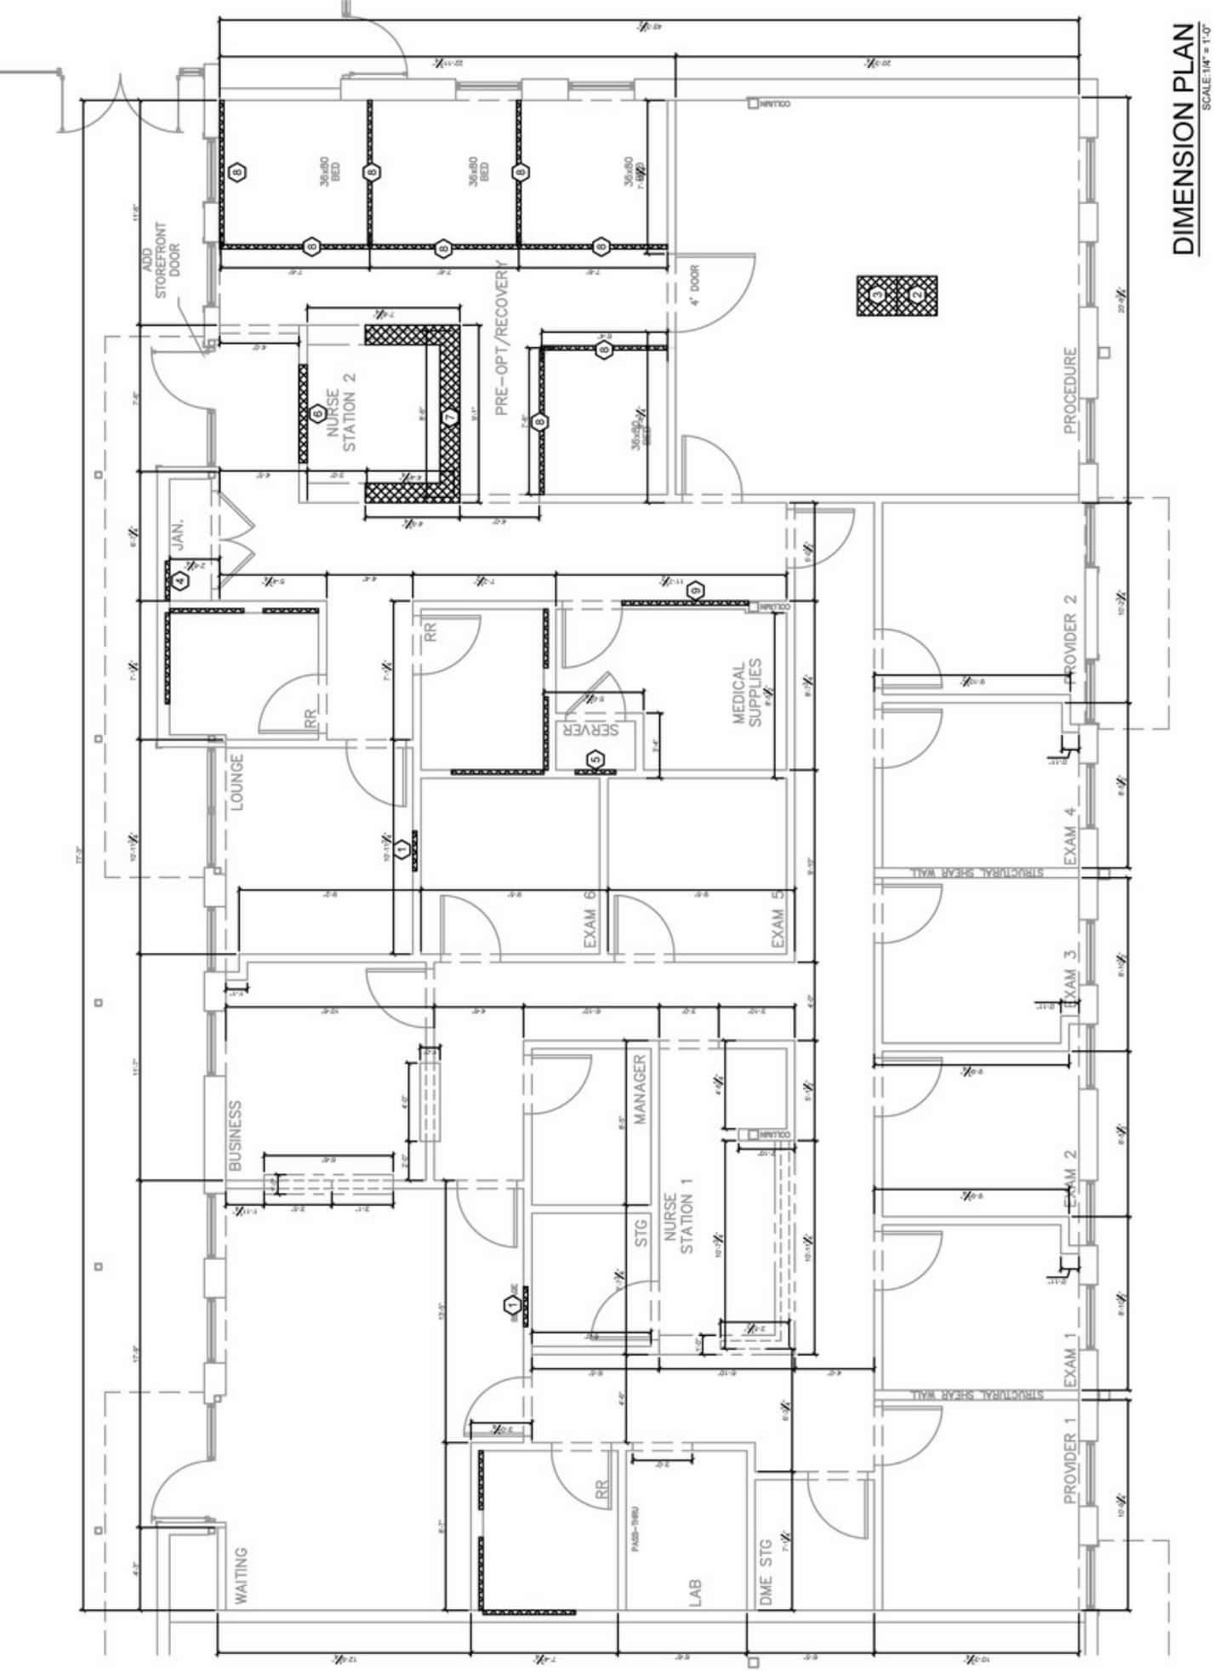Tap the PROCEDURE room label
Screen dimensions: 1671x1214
click(1070, 391)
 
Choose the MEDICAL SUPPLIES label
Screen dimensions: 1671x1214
click(747, 693)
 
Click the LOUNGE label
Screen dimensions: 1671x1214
click(237, 782)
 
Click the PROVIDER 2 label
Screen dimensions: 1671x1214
click(1070, 642)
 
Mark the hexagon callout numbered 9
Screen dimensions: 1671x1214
click(695, 590)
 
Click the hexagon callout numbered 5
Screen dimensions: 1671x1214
click(596, 759)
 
